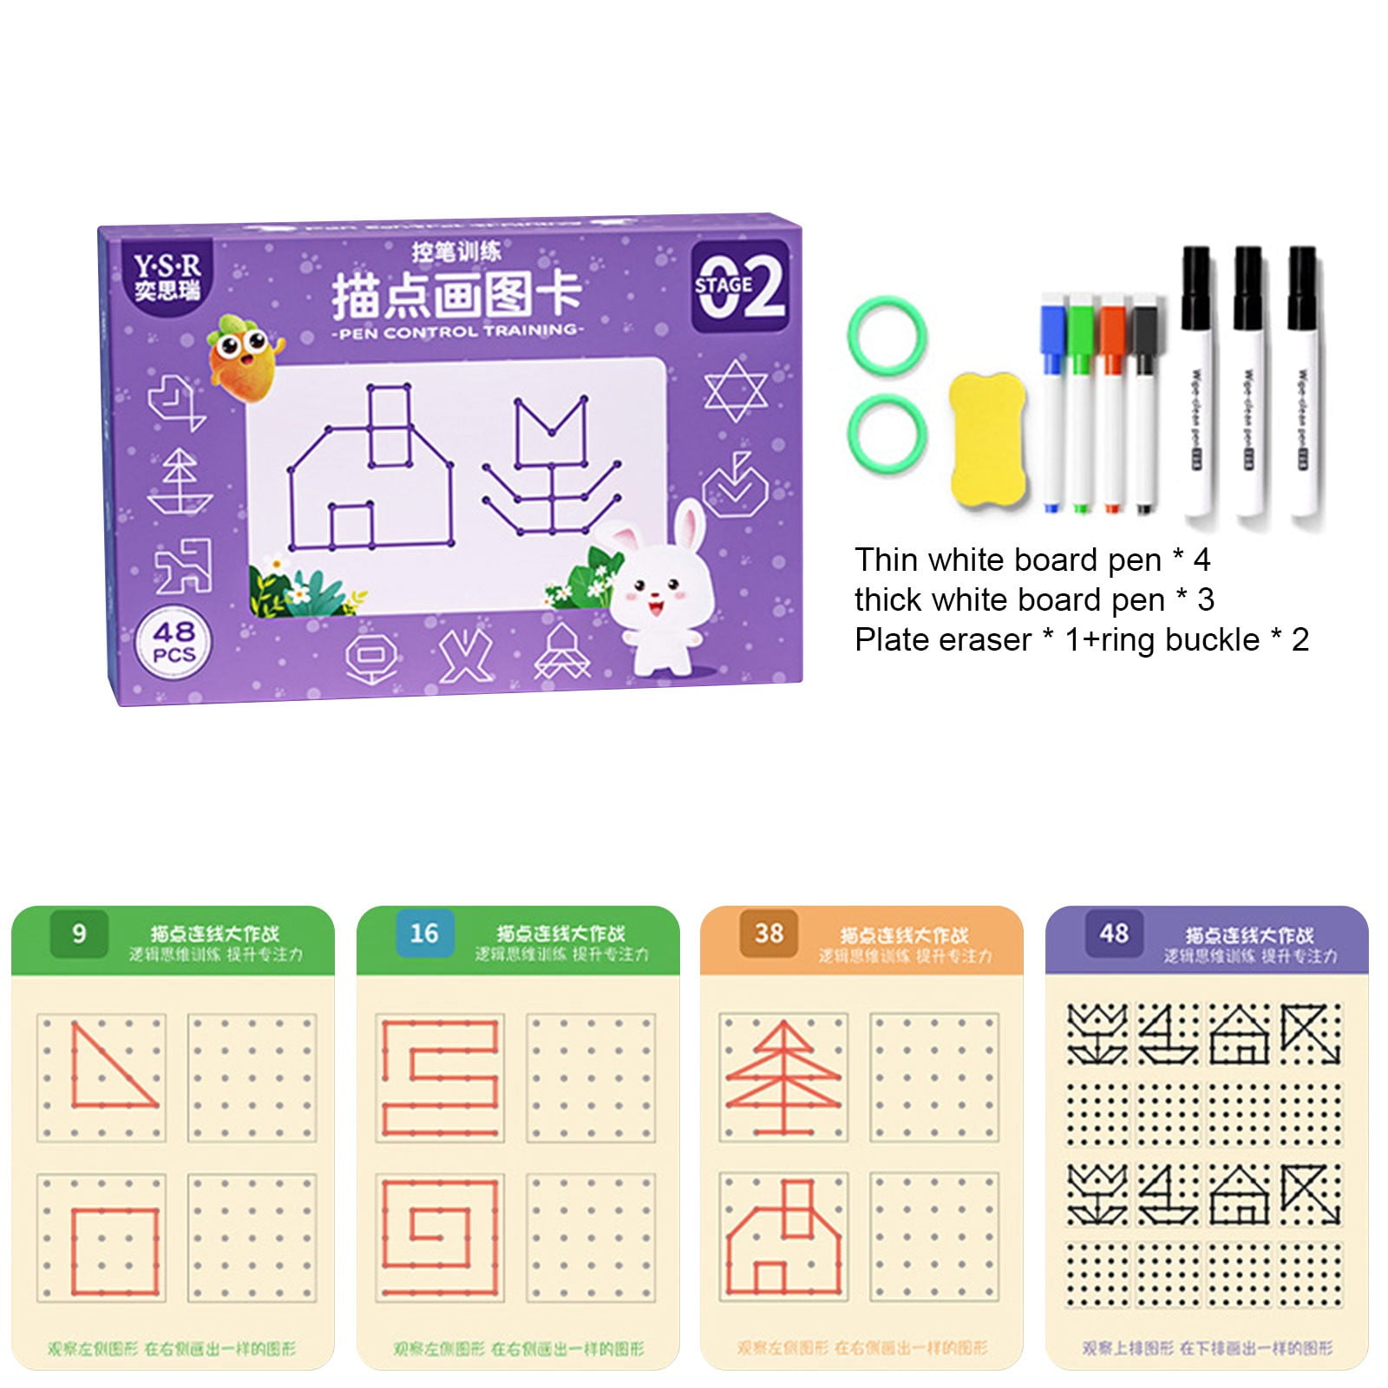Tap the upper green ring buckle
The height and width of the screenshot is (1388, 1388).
click(887, 337)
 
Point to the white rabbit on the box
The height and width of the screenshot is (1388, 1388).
click(663, 590)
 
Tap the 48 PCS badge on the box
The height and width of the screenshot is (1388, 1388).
click(173, 642)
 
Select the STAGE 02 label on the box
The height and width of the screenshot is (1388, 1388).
click(740, 285)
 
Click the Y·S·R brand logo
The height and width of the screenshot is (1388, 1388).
click(167, 276)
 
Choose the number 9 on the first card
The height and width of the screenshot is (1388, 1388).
click(79, 933)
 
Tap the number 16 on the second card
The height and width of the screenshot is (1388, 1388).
click(424, 933)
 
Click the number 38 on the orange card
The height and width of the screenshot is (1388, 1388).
click(769, 933)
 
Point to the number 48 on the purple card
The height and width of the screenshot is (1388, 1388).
click(1114, 933)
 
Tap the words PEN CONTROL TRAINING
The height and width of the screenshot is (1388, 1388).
click(457, 331)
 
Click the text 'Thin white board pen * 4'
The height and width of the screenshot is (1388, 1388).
click(1031, 560)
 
